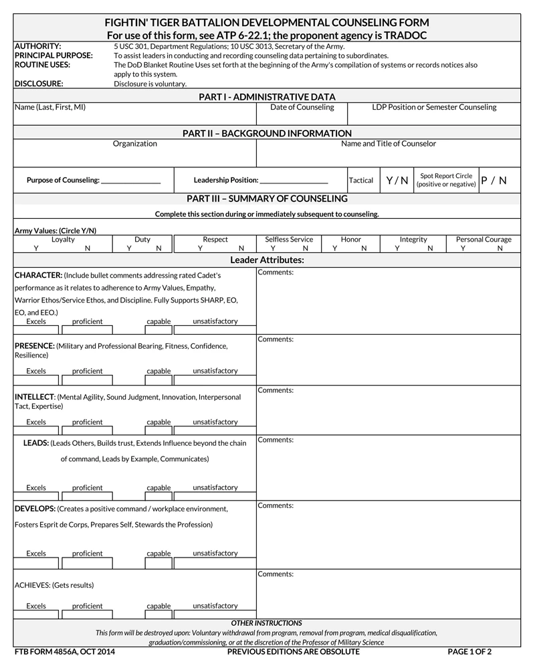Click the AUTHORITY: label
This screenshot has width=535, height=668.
click(x=37, y=46)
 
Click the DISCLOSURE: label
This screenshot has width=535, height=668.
click(x=39, y=84)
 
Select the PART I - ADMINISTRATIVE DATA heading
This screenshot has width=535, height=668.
click(x=267, y=97)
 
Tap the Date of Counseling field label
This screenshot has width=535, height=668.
click(x=302, y=107)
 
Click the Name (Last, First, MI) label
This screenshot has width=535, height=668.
click(x=50, y=107)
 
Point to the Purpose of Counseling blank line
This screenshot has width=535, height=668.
click(x=130, y=181)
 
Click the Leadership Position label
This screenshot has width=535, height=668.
click(x=226, y=180)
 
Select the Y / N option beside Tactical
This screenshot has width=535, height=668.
click(x=397, y=181)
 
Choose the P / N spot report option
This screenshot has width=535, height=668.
click(x=494, y=181)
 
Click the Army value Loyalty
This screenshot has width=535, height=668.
click(x=63, y=239)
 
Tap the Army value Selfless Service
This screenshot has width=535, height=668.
click(x=289, y=239)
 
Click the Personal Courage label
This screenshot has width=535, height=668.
click(x=484, y=239)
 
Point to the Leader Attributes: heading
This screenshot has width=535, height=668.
click(x=267, y=260)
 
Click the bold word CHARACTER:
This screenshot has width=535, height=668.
click(x=39, y=275)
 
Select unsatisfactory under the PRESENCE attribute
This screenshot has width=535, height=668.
click(x=215, y=371)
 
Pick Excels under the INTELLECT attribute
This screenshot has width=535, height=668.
click(x=36, y=422)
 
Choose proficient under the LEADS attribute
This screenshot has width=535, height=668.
click(x=88, y=488)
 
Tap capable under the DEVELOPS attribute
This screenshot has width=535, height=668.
click(x=158, y=554)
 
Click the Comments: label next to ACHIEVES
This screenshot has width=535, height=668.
click(x=276, y=574)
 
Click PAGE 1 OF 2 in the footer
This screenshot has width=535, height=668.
click(x=469, y=651)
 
